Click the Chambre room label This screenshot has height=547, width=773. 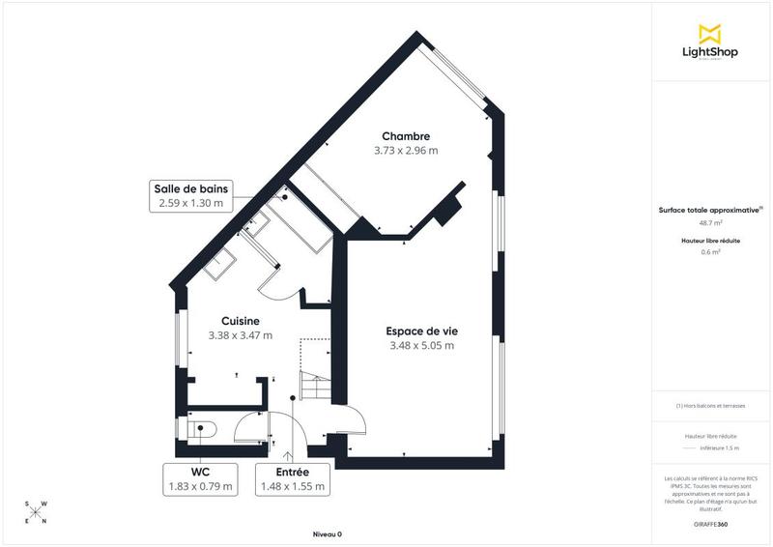click(x=406, y=136)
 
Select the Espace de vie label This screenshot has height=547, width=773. click(x=421, y=331)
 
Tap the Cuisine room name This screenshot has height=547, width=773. click(x=241, y=321)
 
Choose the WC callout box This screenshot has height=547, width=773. click(x=200, y=478)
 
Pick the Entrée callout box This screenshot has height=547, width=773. click(x=293, y=478)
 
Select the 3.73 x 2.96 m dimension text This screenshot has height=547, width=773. click(x=406, y=151)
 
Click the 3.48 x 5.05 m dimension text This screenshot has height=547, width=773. click(x=421, y=345)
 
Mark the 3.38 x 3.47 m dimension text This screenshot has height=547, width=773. click(x=241, y=335)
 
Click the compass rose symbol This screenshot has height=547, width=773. click(x=35, y=512)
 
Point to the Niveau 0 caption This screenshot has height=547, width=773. click(x=327, y=534)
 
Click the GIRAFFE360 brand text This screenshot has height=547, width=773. click(x=710, y=524)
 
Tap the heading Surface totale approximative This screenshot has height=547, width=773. click(x=709, y=210)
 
